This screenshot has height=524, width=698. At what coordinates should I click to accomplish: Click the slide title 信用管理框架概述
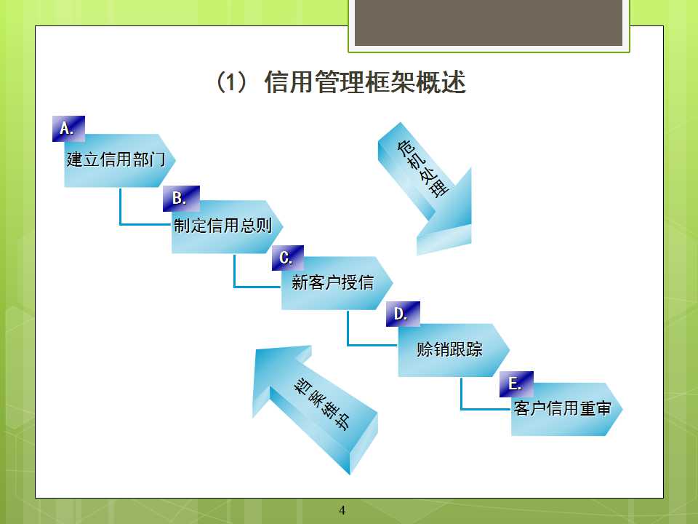(365, 82)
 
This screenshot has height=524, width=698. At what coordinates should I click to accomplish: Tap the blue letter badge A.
(68, 129)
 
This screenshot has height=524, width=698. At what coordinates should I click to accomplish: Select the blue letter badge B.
(181, 199)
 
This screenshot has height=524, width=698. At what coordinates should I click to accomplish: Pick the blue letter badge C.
(288, 258)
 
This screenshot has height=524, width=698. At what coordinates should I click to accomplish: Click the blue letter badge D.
(403, 314)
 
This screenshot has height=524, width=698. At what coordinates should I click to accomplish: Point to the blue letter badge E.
(516, 384)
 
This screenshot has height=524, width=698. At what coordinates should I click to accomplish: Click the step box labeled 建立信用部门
(120, 160)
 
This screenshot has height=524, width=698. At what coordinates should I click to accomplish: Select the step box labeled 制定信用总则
(227, 227)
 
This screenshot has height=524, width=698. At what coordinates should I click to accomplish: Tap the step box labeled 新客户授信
(337, 283)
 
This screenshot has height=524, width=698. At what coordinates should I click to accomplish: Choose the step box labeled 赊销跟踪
(454, 350)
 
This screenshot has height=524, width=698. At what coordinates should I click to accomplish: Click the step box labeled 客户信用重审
(566, 409)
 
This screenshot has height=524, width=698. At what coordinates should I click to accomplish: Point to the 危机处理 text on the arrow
(423, 169)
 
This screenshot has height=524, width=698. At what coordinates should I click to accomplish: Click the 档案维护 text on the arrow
(321, 404)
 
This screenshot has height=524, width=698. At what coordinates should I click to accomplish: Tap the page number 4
(342, 510)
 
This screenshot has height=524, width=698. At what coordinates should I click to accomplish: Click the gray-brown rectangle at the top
(489, 23)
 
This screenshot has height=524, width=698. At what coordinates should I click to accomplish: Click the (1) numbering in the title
(230, 82)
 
